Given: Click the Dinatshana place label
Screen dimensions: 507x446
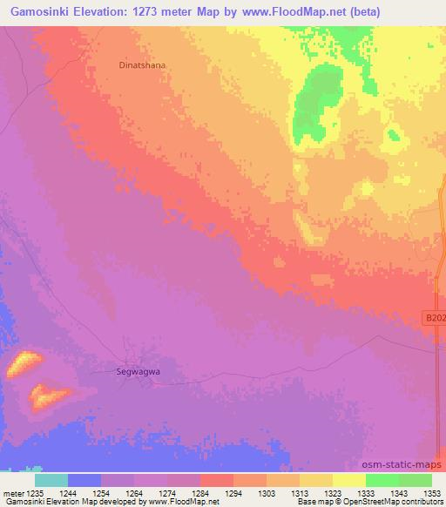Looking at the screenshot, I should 141,64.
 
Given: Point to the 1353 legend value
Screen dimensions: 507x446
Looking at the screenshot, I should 431,492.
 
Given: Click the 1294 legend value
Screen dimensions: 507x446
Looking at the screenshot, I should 233,492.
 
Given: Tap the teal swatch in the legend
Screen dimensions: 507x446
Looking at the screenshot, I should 51,480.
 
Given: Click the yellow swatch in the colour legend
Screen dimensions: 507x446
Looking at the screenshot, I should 349,480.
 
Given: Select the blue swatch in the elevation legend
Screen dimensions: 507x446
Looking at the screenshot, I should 84,480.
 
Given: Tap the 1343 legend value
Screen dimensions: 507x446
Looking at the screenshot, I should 398,492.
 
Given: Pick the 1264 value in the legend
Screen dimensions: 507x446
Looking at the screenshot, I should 135,492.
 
